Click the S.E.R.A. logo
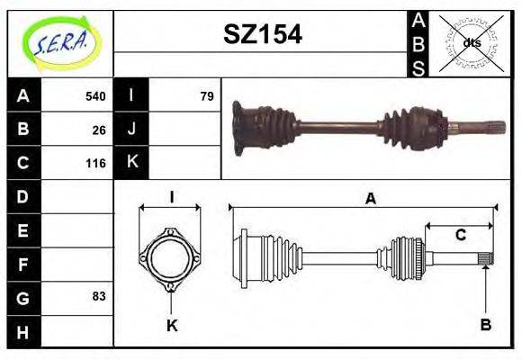(60, 42)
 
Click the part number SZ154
(262, 34)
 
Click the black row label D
(23, 196)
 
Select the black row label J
(131, 130)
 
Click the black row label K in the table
(131, 163)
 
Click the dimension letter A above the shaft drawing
(369, 199)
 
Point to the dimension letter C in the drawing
(460, 236)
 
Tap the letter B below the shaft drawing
(485, 325)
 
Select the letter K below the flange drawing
(171, 325)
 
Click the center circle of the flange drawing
(170, 260)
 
